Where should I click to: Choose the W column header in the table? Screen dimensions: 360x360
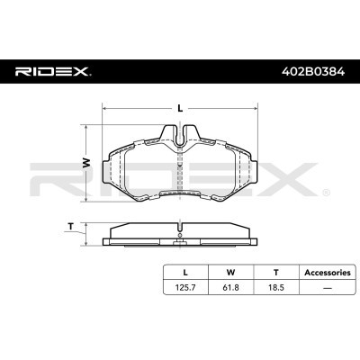tap(230, 271)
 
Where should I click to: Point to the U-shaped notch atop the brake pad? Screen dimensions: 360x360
tap(180, 136)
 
